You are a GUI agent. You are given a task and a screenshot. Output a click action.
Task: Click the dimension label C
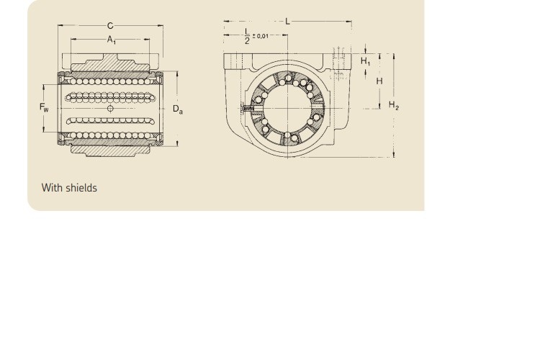tap(110, 26)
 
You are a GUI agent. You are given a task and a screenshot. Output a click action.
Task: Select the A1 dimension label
tap(111, 40)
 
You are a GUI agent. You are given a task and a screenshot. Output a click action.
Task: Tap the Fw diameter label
tap(44, 107)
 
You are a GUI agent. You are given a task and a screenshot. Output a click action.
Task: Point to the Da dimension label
tap(178, 109)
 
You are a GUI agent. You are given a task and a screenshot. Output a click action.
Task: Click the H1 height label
tap(365, 62)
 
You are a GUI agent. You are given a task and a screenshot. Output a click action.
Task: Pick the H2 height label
tap(394, 105)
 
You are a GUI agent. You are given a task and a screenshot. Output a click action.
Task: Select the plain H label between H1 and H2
tap(379, 81)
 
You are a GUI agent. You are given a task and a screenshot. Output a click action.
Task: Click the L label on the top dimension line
tap(287, 22)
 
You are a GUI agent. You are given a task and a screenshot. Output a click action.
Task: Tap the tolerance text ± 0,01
tap(261, 36)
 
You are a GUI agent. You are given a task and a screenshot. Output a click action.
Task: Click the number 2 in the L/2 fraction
tap(247, 41)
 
